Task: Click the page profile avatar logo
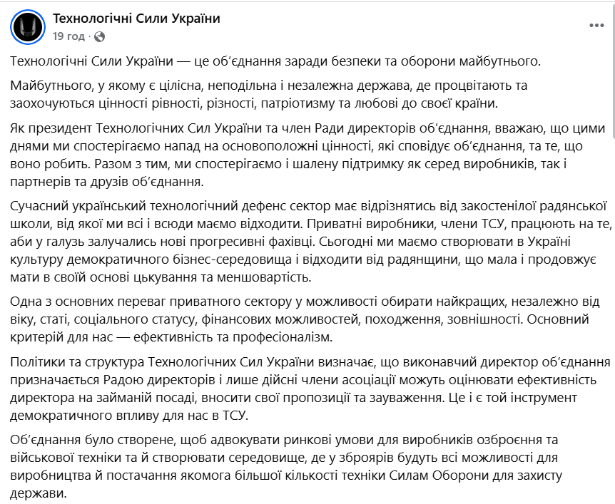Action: [27, 27]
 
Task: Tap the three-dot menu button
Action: [596, 26]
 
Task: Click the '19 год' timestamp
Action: [68, 36]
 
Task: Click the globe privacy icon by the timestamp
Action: [99, 36]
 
